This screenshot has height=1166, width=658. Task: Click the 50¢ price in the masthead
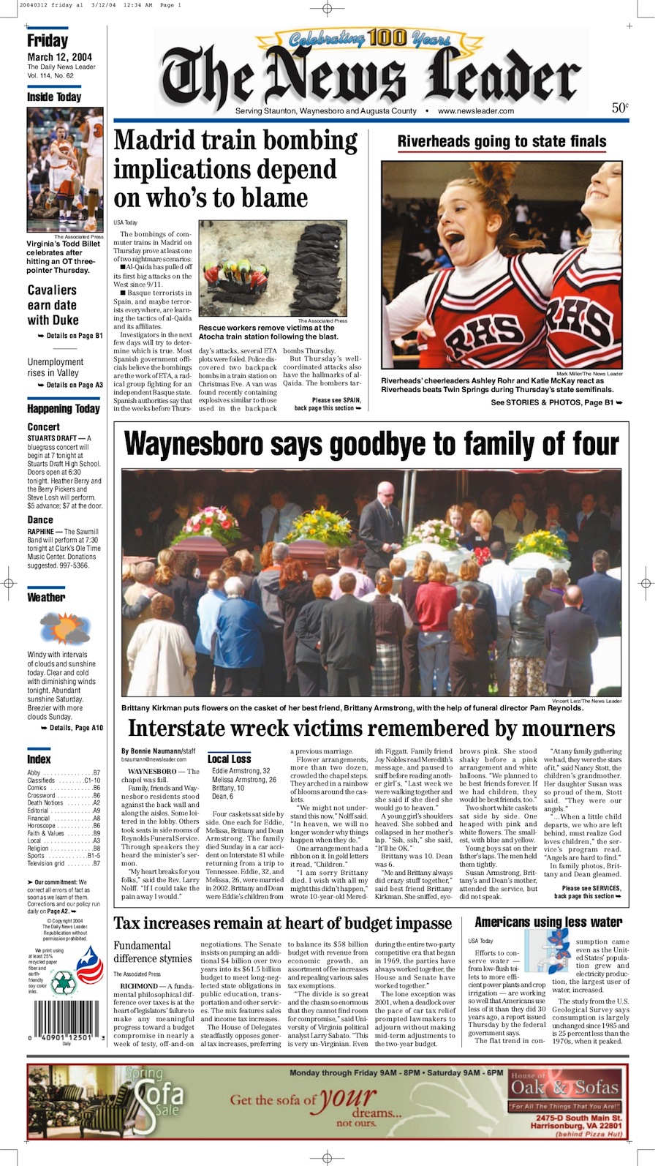click(x=620, y=108)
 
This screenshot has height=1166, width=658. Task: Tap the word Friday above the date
click(x=48, y=41)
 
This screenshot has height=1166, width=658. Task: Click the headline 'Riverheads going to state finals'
click(x=502, y=141)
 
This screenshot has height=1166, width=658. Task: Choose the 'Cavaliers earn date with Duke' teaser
click(x=53, y=305)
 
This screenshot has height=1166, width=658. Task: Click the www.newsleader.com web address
click(x=476, y=111)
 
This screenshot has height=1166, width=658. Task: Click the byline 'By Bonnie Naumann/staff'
click(x=159, y=751)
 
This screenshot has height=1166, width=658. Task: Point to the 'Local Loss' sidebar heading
click(x=229, y=759)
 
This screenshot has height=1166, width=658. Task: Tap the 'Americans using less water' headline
click(x=548, y=922)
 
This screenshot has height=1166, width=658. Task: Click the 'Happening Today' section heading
click(x=64, y=409)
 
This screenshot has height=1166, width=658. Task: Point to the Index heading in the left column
click(x=39, y=759)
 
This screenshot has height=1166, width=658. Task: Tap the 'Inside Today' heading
click(x=54, y=97)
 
